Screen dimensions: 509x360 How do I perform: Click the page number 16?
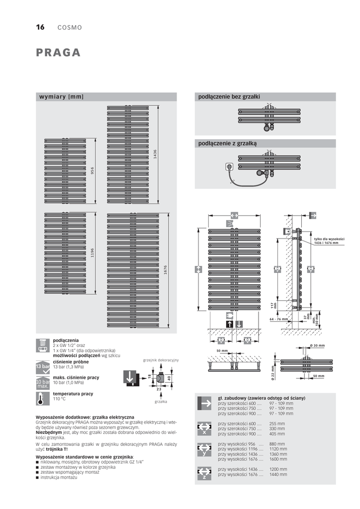[x=40, y=27]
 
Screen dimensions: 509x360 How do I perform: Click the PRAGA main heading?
[x=58, y=53]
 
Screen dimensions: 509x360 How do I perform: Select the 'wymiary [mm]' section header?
[x=62, y=96]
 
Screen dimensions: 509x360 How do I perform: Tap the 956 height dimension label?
[x=92, y=170]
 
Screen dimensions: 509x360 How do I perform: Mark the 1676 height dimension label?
[x=166, y=270]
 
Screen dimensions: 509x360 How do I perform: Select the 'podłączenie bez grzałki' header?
[x=229, y=96]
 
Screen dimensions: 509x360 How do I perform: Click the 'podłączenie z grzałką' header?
[x=228, y=143]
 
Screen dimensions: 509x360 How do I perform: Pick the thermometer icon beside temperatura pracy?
[x=42, y=398]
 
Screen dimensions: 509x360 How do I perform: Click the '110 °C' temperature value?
[x=60, y=399]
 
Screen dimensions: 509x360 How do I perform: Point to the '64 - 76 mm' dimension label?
[x=278, y=319]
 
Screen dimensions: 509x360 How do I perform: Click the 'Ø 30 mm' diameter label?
[x=317, y=345]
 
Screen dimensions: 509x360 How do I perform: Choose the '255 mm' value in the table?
[x=276, y=424]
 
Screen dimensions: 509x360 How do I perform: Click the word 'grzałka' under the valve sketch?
[x=161, y=401]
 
